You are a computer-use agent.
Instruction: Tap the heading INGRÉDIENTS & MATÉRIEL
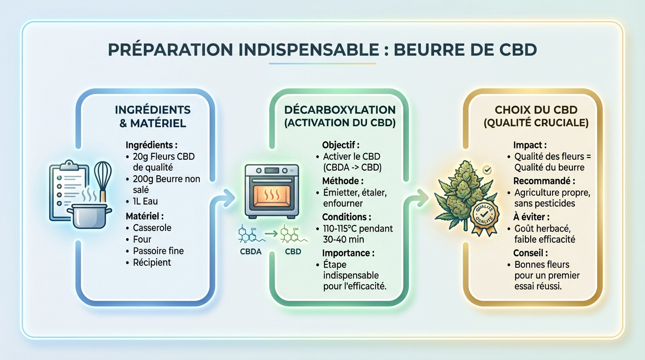point(152,117)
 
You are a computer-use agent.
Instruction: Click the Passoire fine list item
point(158,251)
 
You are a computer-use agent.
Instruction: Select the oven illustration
point(272,190)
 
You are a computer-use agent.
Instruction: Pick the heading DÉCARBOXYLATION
point(340,110)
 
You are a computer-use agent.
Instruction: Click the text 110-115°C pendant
point(358,229)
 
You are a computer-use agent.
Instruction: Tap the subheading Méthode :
point(343,180)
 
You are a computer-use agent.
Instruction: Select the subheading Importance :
point(348,253)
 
